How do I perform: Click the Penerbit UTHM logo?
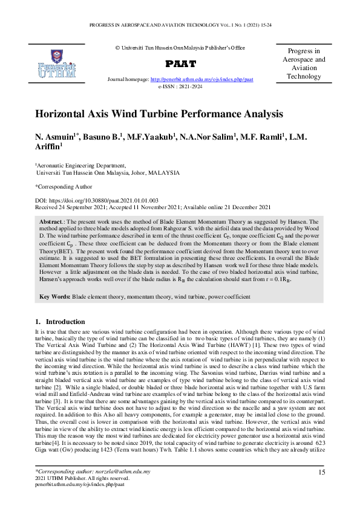pos(56,62)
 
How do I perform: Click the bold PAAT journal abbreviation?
pos(180,63)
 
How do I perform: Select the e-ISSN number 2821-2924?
pos(189,86)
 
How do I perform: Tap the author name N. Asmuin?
pos(56,137)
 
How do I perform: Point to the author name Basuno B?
pos(100,137)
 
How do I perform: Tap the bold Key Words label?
pos(54,297)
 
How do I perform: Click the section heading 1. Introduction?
pos(60,322)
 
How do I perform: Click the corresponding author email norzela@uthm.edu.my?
pos(121,471)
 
